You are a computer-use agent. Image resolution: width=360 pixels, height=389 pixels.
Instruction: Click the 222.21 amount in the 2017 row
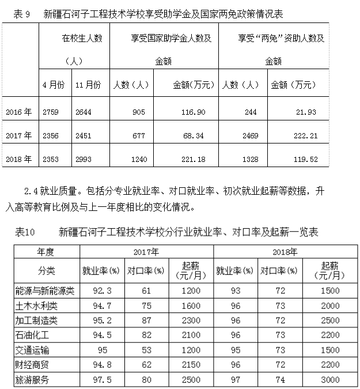(x=305, y=135)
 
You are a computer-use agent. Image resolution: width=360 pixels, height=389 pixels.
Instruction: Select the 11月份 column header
(x=88, y=85)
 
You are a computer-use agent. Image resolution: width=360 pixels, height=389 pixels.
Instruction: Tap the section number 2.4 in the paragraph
(x=32, y=189)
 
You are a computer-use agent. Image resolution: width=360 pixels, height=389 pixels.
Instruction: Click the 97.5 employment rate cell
(x=101, y=380)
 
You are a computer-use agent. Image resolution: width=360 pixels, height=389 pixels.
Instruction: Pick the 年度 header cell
(x=46, y=252)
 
